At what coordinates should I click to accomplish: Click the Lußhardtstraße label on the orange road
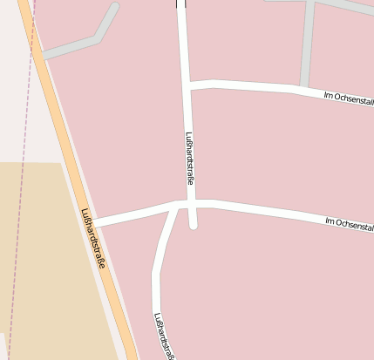pos(92,237)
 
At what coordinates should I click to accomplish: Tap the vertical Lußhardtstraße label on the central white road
pos(188,157)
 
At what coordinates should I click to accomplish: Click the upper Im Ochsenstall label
pos(348,99)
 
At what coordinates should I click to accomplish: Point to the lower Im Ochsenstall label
pos(349,224)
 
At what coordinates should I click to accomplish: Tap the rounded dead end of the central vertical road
pos(193,225)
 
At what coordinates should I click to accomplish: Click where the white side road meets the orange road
pos(94,223)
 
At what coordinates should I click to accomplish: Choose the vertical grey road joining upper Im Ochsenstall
pos(307,44)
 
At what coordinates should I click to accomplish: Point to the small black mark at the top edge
pos(180,3)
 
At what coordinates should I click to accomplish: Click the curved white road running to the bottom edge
pos(157,279)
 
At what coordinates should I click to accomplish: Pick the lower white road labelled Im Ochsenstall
pos(270,211)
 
